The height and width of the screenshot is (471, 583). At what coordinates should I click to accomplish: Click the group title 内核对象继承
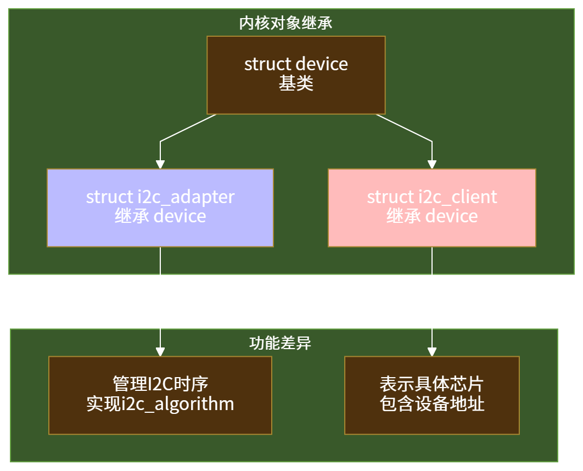point(285,24)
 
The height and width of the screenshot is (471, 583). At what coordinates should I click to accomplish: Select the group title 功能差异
point(280,343)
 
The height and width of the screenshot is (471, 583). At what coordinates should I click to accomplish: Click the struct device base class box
point(296,75)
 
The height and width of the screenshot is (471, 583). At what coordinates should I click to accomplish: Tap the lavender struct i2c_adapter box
point(160,208)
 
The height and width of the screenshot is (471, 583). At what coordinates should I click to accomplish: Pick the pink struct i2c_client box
point(431,208)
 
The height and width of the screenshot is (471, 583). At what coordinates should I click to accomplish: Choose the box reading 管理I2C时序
point(160,395)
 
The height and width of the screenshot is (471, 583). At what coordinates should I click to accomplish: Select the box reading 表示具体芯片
point(431,395)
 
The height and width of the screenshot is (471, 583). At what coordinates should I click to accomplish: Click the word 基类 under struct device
point(296,84)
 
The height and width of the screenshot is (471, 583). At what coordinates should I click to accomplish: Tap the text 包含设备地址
point(432,405)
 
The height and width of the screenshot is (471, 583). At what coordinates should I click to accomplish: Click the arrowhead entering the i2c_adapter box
point(160,164)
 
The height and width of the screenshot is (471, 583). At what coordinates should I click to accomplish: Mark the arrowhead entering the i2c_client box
point(432,164)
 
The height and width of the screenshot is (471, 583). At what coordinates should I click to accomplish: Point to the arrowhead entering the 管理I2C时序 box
point(160,352)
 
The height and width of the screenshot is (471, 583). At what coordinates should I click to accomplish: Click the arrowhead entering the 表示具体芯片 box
point(432,352)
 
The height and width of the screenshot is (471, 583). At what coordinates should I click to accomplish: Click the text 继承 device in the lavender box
point(160,216)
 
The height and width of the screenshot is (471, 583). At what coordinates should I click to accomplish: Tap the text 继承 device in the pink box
point(432,216)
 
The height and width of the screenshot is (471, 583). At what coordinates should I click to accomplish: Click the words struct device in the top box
point(296,64)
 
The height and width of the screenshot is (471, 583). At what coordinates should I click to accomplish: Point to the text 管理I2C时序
point(160,384)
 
